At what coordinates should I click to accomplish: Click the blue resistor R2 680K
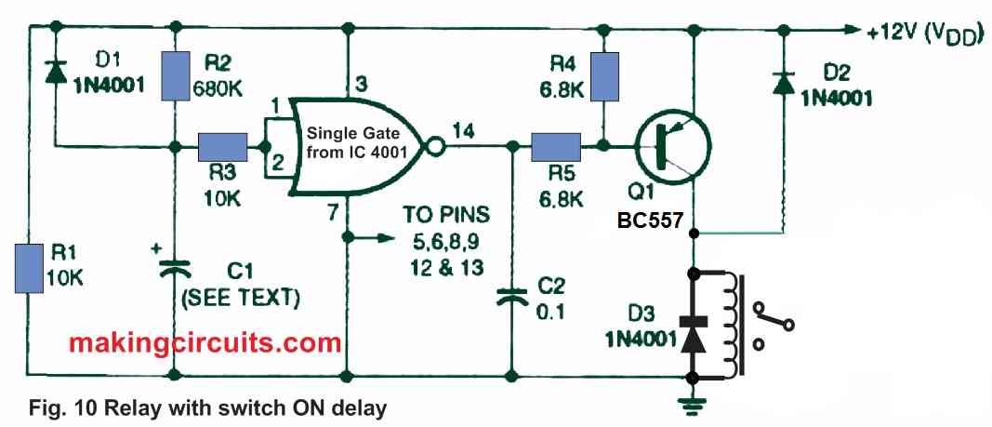(175, 75)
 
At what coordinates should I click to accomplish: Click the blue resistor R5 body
(556, 146)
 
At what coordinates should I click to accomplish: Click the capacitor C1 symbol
(175, 269)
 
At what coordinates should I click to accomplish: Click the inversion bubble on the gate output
(431, 146)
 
